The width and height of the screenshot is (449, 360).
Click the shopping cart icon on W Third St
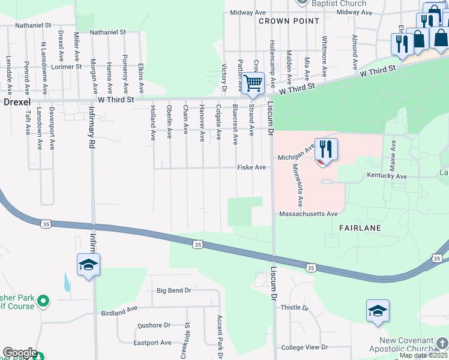click(x=253, y=83)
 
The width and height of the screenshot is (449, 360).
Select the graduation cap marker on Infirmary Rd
click(x=88, y=265)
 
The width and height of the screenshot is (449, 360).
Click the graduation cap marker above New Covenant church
click(x=378, y=311)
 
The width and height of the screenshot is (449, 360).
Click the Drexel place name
click(x=17, y=103)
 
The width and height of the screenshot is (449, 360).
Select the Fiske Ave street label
click(x=252, y=167)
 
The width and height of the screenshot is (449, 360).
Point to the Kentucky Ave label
click(x=387, y=177)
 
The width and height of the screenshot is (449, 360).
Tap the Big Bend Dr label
click(x=173, y=290)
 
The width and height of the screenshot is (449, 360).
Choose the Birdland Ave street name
click(x=119, y=312)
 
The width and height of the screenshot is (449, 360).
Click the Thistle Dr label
click(x=294, y=308)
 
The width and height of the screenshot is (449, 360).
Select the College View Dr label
click(x=305, y=347)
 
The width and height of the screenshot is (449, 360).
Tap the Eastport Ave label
click(x=152, y=343)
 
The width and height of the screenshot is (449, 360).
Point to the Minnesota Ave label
click(x=297, y=184)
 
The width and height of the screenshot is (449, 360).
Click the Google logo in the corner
click(x=19, y=353)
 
